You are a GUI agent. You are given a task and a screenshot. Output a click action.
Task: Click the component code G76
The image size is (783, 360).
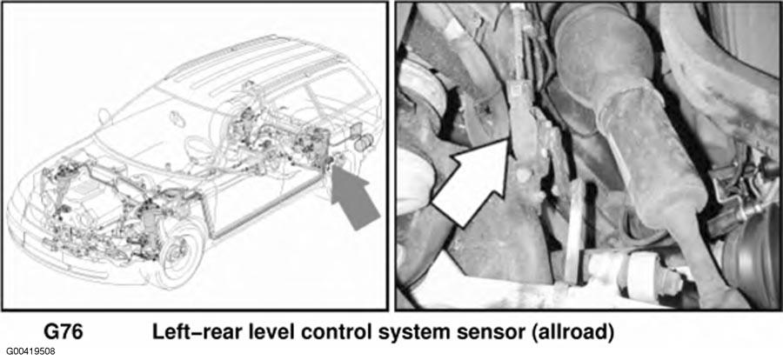[63, 332]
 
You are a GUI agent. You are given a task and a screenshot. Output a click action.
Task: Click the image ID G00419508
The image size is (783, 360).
[28, 351]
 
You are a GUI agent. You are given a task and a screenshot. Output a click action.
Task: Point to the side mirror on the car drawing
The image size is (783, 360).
[104, 116]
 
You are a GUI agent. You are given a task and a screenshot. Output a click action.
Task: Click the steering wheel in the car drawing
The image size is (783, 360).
[196, 146]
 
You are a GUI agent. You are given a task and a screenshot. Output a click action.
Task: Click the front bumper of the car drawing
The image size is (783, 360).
[60, 250]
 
